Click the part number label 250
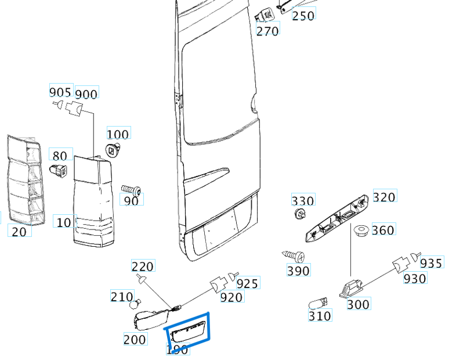point(303,15)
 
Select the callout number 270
point(267,30)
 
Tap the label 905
point(60,92)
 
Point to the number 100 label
point(118,134)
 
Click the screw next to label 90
point(131,190)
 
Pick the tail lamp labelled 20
point(24,181)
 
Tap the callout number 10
point(64,222)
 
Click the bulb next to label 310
point(319,303)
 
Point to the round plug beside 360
point(361,231)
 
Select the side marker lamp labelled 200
point(149,319)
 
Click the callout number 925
point(248,283)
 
